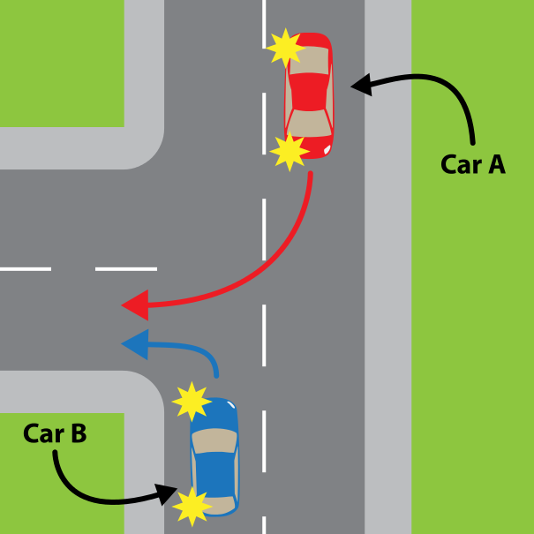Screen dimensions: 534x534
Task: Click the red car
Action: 308,94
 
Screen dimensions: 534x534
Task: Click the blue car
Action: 214,457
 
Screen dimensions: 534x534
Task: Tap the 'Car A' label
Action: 472,164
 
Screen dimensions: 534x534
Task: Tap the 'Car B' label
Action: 55,433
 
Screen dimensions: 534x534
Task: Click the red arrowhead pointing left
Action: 133,306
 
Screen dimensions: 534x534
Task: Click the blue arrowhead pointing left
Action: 132,344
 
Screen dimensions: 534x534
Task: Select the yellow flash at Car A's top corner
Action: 284,47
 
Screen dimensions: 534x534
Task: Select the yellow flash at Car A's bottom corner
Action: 289,152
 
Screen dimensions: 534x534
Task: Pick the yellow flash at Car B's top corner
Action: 192,402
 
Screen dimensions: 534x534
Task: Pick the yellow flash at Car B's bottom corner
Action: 192,507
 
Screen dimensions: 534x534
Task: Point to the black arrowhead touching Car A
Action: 360,86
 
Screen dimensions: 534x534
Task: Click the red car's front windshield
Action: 309,121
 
